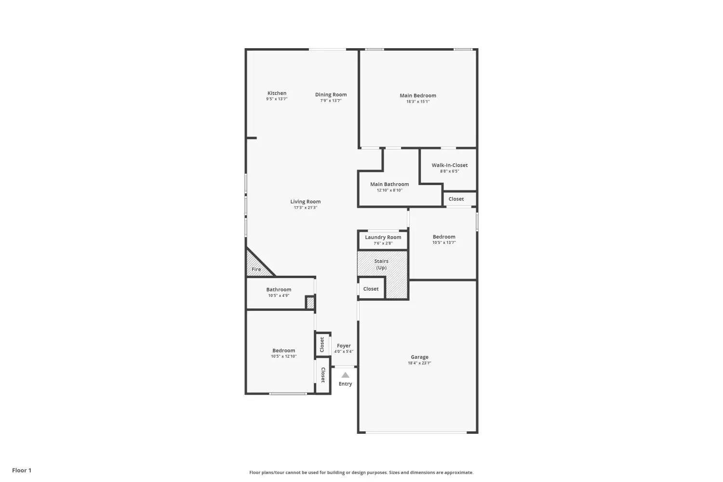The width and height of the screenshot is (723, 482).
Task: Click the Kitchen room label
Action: (x=277, y=94)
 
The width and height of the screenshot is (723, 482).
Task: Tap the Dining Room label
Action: (x=331, y=94)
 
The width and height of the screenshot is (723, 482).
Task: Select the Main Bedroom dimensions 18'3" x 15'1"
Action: (x=418, y=101)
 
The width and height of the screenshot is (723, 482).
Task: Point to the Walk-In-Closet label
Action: (x=450, y=165)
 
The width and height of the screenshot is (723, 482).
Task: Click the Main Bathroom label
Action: (x=389, y=184)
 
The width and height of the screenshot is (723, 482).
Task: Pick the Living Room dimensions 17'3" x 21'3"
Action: (x=305, y=208)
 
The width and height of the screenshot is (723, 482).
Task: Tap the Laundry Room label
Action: (x=383, y=237)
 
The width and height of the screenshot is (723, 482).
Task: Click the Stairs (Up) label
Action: (x=381, y=265)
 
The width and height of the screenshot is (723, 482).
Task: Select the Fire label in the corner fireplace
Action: (x=256, y=269)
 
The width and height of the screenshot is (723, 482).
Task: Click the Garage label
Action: (x=420, y=357)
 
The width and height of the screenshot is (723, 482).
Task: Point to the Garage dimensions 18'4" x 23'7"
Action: (x=420, y=363)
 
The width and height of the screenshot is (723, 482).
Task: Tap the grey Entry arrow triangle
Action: (x=346, y=375)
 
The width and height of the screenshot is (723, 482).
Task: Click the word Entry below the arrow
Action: (x=346, y=384)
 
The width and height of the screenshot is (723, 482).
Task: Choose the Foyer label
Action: (x=344, y=346)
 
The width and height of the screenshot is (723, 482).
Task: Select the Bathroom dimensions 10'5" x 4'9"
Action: (x=279, y=295)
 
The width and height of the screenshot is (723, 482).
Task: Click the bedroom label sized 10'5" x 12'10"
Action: (x=284, y=350)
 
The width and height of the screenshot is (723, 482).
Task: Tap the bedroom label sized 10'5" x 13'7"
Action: (x=444, y=237)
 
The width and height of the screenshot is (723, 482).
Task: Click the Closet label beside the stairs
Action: (x=371, y=289)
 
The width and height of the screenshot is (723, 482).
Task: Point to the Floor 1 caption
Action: (x=22, y=470)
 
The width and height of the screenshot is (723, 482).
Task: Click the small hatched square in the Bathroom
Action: (x=310, y=303)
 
